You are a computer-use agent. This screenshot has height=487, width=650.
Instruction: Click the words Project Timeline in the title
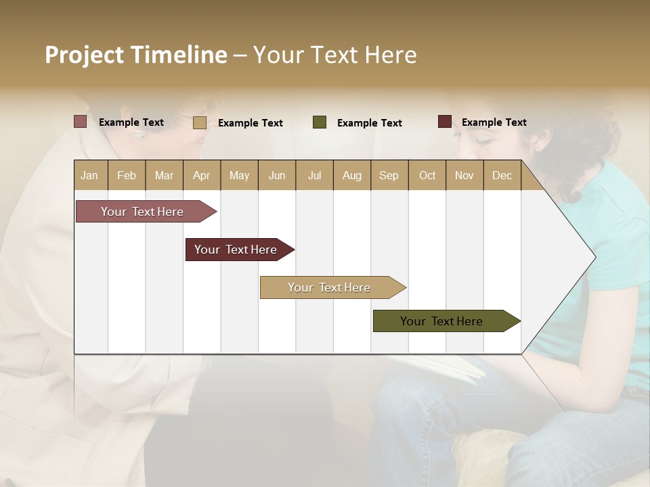[135, 55]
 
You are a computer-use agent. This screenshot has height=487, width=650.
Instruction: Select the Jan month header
[89, 175]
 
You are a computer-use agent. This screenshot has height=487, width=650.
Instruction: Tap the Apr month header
[201, 175]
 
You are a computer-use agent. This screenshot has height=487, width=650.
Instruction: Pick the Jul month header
[314, 175]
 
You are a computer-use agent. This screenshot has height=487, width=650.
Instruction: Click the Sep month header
[389, 175]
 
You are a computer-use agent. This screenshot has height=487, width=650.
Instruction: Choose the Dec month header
[502, 175]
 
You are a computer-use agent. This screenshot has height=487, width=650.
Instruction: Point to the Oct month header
[427, 175]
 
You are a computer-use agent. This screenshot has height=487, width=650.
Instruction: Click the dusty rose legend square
[80, 122]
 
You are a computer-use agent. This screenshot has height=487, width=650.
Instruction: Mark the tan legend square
[199, 122]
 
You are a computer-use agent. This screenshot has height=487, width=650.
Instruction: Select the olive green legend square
[320, 122]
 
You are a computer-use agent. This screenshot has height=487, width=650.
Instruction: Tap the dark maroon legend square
[444, 122]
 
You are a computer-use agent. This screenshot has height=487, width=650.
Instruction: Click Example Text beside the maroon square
[494, 122]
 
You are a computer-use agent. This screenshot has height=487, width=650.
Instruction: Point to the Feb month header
[127, 175]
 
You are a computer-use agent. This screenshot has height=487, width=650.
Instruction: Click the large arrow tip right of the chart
[569, 257]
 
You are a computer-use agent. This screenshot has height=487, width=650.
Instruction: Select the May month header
[239, 175]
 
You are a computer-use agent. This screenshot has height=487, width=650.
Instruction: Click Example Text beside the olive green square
[369, 123]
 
